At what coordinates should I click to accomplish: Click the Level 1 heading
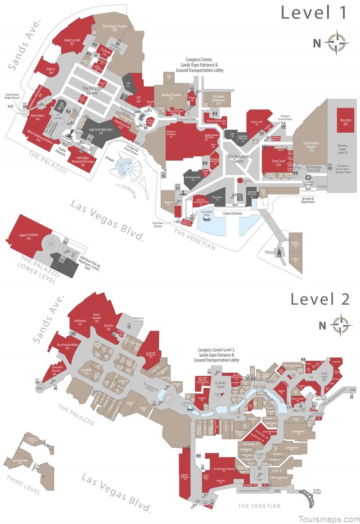pyautogui.click(x=315, y=13)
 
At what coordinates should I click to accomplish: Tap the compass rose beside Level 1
pyautogui.click(x=338, y=42)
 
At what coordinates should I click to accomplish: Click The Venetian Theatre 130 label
pyautogui.click(x=311, y=146)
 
